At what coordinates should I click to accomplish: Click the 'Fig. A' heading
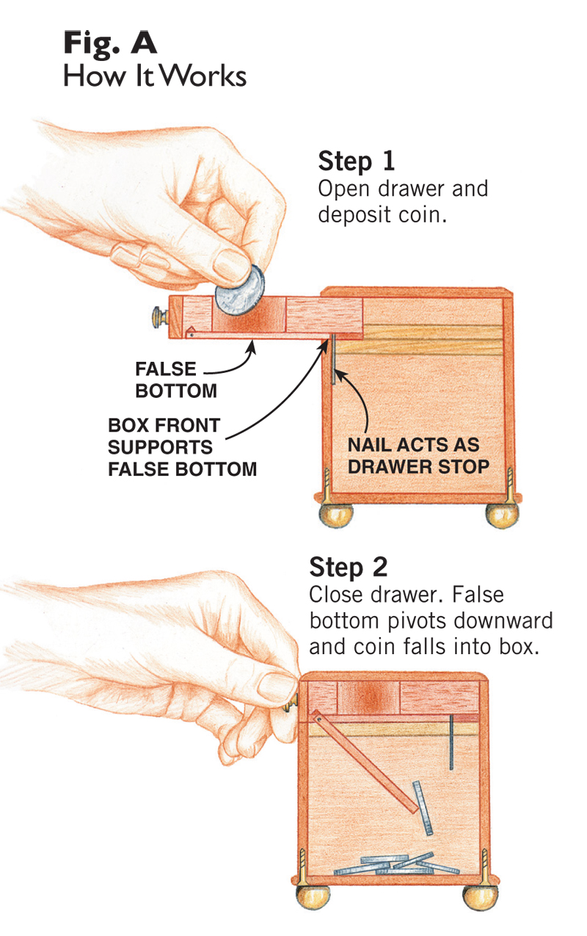110,43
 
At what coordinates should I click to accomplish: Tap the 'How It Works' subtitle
155,76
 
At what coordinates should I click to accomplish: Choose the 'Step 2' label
349,567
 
